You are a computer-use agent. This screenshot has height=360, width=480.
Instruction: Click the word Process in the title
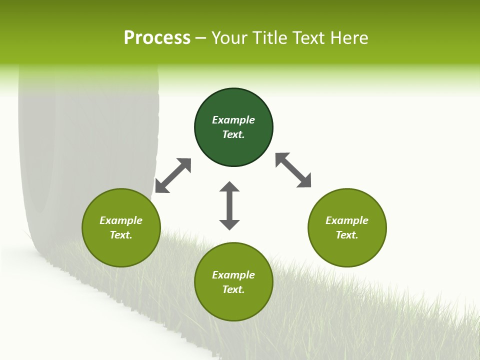point(157,38)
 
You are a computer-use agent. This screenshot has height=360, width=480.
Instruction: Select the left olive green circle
point(121,250)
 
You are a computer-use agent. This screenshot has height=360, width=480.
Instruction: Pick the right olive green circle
point(347,250)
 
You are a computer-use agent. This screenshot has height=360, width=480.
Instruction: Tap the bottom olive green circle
point(233,305)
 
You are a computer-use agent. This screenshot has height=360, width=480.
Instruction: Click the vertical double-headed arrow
point(229,205)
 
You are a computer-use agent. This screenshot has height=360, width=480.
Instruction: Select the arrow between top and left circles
point(173,175)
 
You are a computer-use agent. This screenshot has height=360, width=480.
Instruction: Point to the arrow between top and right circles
point(293,170)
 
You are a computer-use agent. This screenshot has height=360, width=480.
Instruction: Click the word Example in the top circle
point(233,120)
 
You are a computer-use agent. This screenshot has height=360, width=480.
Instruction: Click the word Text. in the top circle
point(233,134)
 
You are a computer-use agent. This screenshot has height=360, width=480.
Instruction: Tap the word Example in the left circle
point(121,220)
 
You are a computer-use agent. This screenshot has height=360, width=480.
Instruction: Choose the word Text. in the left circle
point(121,235)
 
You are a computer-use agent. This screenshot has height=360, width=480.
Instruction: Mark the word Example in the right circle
point(347,220)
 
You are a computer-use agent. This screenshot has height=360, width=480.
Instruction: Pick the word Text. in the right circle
point(347,235)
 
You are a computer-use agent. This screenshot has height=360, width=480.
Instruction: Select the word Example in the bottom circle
point(233,275)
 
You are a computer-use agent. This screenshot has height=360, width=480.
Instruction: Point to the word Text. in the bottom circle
point(233,289)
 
